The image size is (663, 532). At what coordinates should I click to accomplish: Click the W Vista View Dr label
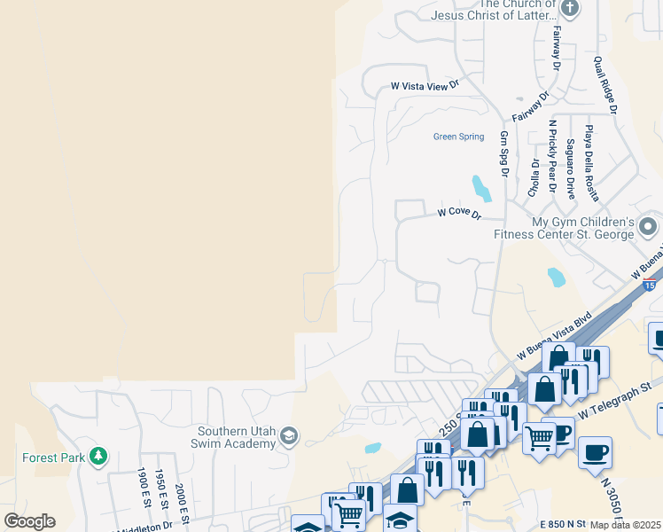point(426,86)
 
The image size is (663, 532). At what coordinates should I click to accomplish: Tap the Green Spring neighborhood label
point(458,137)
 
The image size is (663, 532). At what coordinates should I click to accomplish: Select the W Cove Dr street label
point(459,214)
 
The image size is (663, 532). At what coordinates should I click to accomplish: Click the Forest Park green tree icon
point(98,457)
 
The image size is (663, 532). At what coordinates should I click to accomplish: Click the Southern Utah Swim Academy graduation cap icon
point(288,435)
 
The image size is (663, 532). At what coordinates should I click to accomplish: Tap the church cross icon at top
point(570,10)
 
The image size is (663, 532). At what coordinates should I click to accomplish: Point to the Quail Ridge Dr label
point(605,85)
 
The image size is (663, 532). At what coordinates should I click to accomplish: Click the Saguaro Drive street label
point(570,168)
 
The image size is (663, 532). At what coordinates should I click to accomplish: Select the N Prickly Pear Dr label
point(551,156)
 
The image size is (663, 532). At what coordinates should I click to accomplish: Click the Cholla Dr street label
point(534,177)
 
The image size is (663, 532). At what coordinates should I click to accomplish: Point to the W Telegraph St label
point(615,400)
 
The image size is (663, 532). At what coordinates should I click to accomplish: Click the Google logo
point(29,520)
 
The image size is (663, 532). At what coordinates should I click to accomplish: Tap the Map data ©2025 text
point(626,525)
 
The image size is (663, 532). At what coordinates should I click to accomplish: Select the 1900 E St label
point(141,488)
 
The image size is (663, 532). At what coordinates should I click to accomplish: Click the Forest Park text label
point(54,458)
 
